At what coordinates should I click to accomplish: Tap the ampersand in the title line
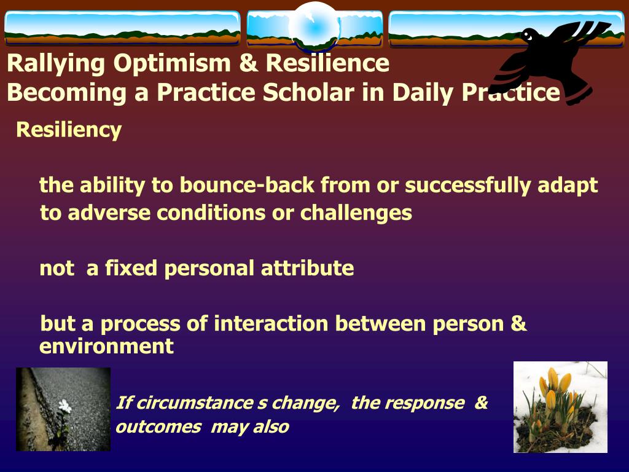249,63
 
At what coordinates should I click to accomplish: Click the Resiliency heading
69,130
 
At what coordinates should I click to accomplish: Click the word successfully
467,186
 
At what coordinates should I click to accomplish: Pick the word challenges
356,213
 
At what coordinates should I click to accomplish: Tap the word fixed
131,268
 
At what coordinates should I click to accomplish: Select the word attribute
307,268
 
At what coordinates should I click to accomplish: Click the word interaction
271,323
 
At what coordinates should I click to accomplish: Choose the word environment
106,346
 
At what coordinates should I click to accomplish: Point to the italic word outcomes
158,427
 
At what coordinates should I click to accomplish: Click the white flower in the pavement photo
64,406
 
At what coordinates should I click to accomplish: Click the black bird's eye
528,36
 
